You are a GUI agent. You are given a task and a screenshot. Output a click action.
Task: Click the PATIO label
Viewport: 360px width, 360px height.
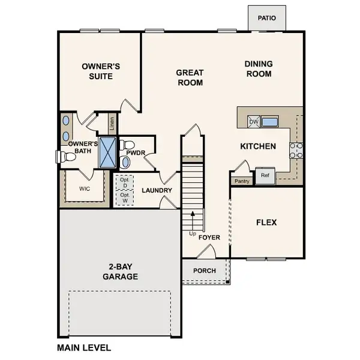tap(267, 18)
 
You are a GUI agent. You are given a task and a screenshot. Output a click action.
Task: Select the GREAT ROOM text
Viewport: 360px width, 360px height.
tap(190, 78)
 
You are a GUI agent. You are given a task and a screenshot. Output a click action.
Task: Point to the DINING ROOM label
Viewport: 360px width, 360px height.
tap(259, 69)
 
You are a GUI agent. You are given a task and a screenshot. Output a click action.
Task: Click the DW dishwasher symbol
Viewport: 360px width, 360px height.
tap(254, 122)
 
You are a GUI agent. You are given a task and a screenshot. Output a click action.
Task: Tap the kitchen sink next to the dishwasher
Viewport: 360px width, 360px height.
tap(270, 122)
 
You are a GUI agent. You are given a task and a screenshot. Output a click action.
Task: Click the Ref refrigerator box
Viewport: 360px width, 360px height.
tap(265, 176)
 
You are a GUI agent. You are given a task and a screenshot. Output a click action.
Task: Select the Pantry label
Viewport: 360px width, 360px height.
tap(242, 181)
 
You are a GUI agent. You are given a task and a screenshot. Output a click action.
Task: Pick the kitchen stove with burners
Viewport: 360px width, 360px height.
tap(296, 150)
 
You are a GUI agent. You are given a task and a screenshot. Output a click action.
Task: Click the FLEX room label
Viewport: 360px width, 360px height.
tap(266, 222)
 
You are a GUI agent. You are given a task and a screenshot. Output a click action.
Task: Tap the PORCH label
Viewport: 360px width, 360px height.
tap(204, 271)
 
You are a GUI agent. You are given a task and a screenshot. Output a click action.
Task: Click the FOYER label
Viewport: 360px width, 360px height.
tap(209, 238)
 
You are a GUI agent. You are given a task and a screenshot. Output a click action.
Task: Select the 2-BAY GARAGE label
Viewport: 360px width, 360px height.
tap(119, 272)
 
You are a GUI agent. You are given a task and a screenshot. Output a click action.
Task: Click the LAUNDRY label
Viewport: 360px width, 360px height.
tap(157, 191)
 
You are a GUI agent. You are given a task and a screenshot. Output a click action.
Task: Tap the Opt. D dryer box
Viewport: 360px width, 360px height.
tap(125, 182)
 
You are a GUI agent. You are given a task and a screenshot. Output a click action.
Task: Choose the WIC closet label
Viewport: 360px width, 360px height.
tap(85, 187)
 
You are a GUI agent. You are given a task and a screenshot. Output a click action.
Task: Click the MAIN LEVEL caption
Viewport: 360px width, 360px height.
tap(84, 347)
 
